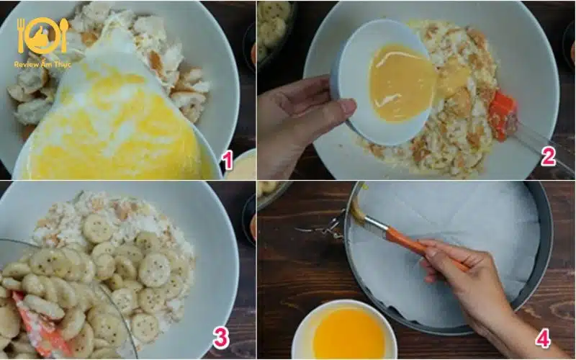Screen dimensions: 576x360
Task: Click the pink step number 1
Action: (228, 161)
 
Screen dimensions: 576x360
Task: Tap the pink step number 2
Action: (548, 156)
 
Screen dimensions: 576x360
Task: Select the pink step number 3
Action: (221, 338)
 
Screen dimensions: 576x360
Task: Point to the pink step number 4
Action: (543, 338)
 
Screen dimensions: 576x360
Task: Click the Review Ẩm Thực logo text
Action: (42, 65)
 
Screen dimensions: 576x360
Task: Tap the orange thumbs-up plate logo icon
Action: (42, 36)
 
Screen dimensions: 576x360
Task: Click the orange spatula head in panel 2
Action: (502, 116)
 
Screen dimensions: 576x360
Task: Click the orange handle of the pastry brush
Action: (423, 248)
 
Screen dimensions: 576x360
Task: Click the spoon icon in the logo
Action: (64, 35)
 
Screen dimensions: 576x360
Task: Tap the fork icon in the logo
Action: (21, 35)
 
